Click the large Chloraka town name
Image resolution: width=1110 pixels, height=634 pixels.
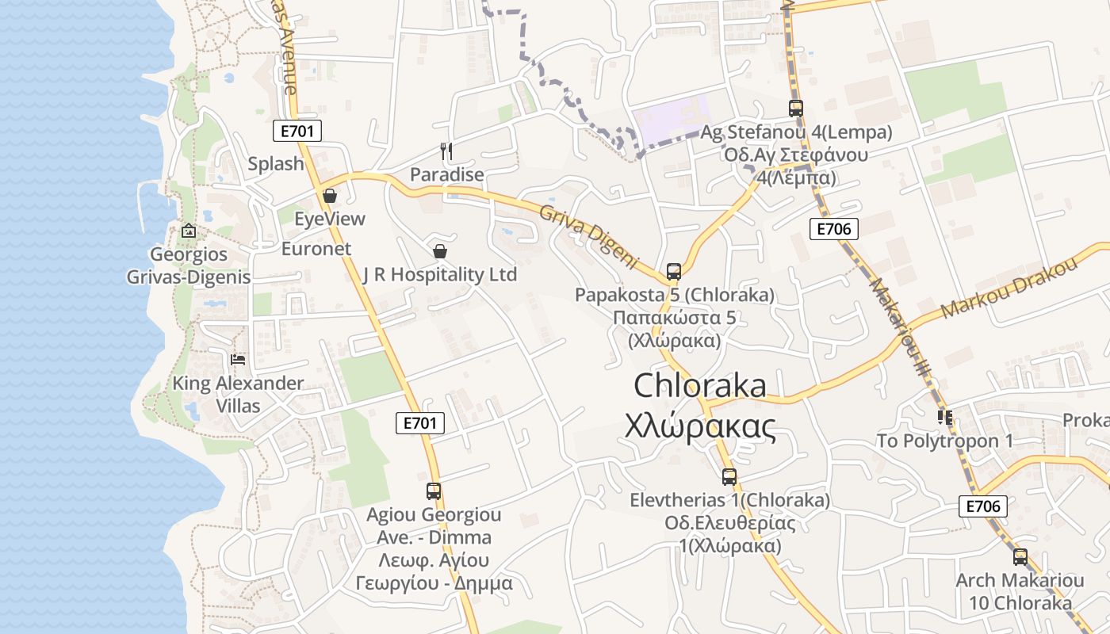coord(700,386)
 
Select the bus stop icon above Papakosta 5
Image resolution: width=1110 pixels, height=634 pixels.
coord(674,272)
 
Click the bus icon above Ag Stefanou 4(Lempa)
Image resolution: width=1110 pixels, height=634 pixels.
coord(795,109)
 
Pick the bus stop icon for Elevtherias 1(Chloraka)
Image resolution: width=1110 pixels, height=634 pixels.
coord(729,477)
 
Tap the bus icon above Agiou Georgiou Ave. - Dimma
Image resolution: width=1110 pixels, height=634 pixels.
coord(433,491)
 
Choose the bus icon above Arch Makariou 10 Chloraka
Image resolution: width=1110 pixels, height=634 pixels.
coord(1020,557)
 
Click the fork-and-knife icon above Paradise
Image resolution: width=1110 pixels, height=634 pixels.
coord(446,151)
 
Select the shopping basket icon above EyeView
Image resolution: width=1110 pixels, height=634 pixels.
coord(330,195)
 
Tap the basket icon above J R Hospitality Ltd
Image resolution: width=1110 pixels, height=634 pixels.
coord(440,251)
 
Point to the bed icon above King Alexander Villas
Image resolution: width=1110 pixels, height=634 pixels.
coord(238,360)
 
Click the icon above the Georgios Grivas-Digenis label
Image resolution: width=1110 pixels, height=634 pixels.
coord(189,231)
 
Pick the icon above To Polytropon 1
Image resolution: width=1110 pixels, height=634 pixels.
coord(944,417)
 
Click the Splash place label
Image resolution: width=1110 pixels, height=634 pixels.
coord(276,164)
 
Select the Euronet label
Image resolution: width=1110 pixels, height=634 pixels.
coord(316,248)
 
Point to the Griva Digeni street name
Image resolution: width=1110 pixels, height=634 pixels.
coord(589,235)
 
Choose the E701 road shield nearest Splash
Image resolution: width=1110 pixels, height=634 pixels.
coord(297,132)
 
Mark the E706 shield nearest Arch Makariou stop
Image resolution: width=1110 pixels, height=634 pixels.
coord(982,506)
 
